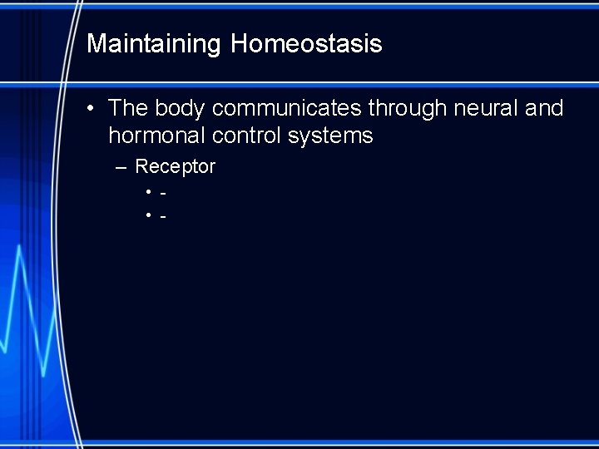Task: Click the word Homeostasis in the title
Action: click(x=306, y=44)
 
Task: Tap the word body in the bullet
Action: click(x=179, y=108)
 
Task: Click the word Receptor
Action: click(x=176, y=167)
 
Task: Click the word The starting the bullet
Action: click(x=128, y=108)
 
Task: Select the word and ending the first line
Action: click(x=544, y=108)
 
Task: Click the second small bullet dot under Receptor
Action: click(x=148, y=217)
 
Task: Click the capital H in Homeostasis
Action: click(x=239, y=44)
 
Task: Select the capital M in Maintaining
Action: click(x=96, y=44)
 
